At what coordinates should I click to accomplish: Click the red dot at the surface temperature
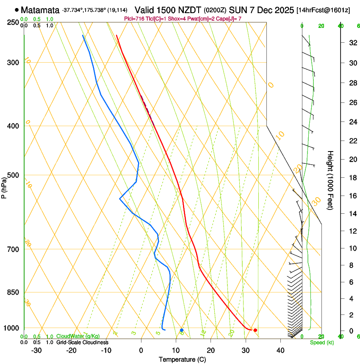coord(255,330)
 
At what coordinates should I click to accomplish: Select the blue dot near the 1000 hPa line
coord(182,330)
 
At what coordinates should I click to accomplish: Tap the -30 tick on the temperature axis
coord(36,350)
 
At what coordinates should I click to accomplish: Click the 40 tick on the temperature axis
coord(280,350)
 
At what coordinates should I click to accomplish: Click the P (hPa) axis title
coord(4,186)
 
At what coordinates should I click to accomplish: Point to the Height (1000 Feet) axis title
coord(330,180)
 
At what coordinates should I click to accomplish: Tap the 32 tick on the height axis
coord(352,43)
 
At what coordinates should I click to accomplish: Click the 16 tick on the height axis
coord(352,196)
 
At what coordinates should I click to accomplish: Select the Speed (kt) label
coord(321,342)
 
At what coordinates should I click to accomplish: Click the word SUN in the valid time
coord(238,10)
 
